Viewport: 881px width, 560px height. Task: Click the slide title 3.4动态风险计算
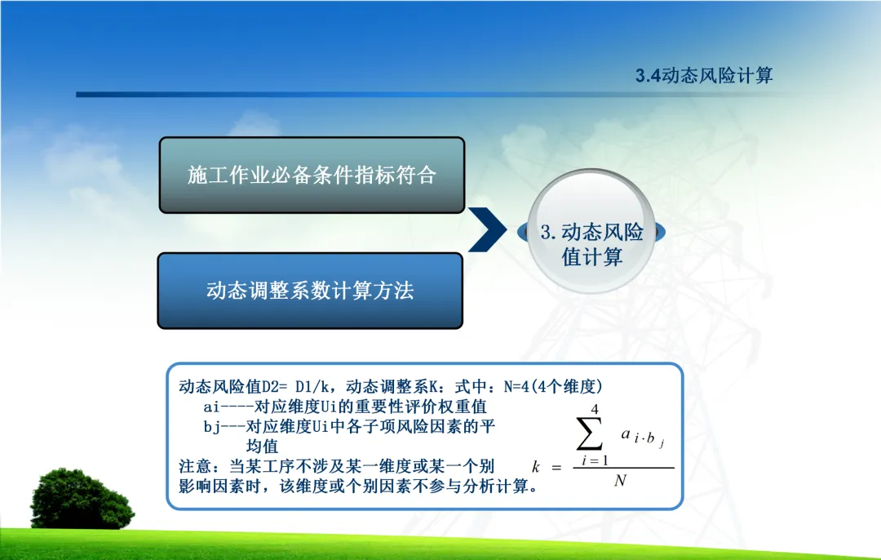704,75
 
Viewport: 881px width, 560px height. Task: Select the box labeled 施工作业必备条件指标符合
312,175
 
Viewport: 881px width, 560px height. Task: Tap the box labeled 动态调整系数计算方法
310,291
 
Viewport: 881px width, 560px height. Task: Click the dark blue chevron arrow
488,229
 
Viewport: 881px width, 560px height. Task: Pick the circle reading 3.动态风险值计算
591,231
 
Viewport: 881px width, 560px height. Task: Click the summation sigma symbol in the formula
590,433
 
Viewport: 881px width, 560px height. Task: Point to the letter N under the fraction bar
620,480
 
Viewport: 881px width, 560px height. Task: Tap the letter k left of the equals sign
536,467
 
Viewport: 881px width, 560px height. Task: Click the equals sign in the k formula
556,467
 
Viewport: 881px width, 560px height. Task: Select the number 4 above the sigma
595,409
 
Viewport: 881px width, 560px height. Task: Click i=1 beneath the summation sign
595,460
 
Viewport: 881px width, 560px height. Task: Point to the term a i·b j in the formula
644,436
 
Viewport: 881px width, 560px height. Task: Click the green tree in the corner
82,499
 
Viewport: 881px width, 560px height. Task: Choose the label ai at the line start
211,407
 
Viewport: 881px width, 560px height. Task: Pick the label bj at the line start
211,427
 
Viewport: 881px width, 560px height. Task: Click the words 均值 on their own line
262,447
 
